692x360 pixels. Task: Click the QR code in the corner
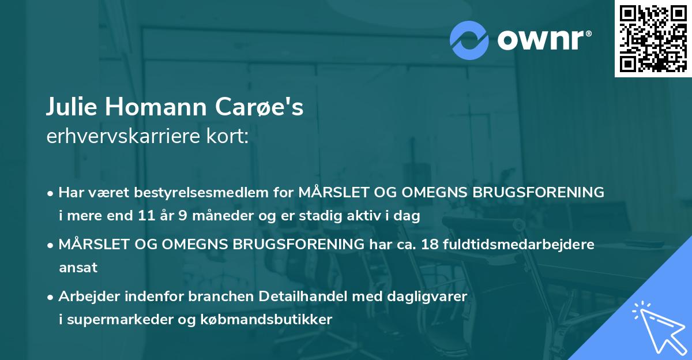point(653,39)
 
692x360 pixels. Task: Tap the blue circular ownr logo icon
point(469,40)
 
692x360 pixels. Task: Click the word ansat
point(78,268)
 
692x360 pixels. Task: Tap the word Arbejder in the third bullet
point(85,297)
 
